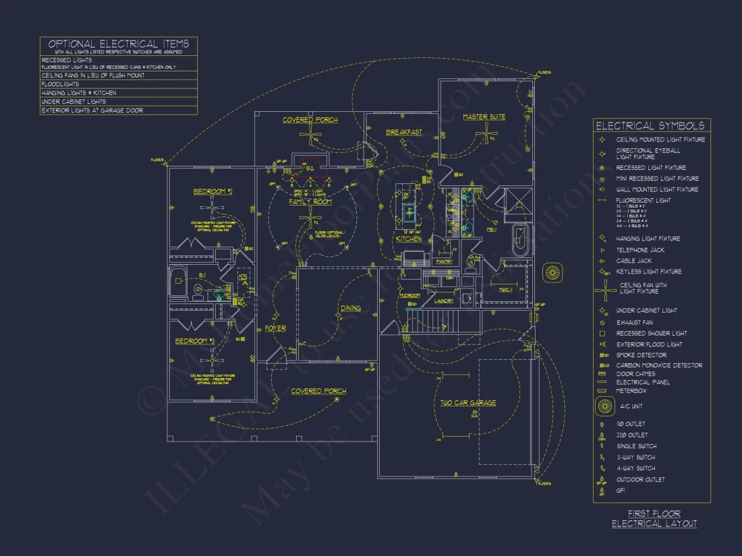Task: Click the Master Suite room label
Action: coord(484,117)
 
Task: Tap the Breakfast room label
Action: coord(403,132)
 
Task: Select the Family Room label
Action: coord(310,202)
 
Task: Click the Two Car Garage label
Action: coord(468,403)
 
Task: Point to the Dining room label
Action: coord(349,309)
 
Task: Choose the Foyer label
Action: coord(275,328)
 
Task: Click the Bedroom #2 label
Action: coord(212,192)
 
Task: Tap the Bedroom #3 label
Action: coord(195,341)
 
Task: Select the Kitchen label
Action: coord(408,239)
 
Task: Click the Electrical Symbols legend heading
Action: coord(650,126)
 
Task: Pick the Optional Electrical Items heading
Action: coord(118,44)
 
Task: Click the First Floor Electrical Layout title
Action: coord(654,519)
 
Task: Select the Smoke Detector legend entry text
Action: coord(641,355)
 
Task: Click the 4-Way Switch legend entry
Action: coord(635,468)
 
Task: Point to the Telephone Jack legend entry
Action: coord(639,250)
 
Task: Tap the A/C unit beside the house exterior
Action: coord(553,272)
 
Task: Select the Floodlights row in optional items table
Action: coord(60,84)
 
